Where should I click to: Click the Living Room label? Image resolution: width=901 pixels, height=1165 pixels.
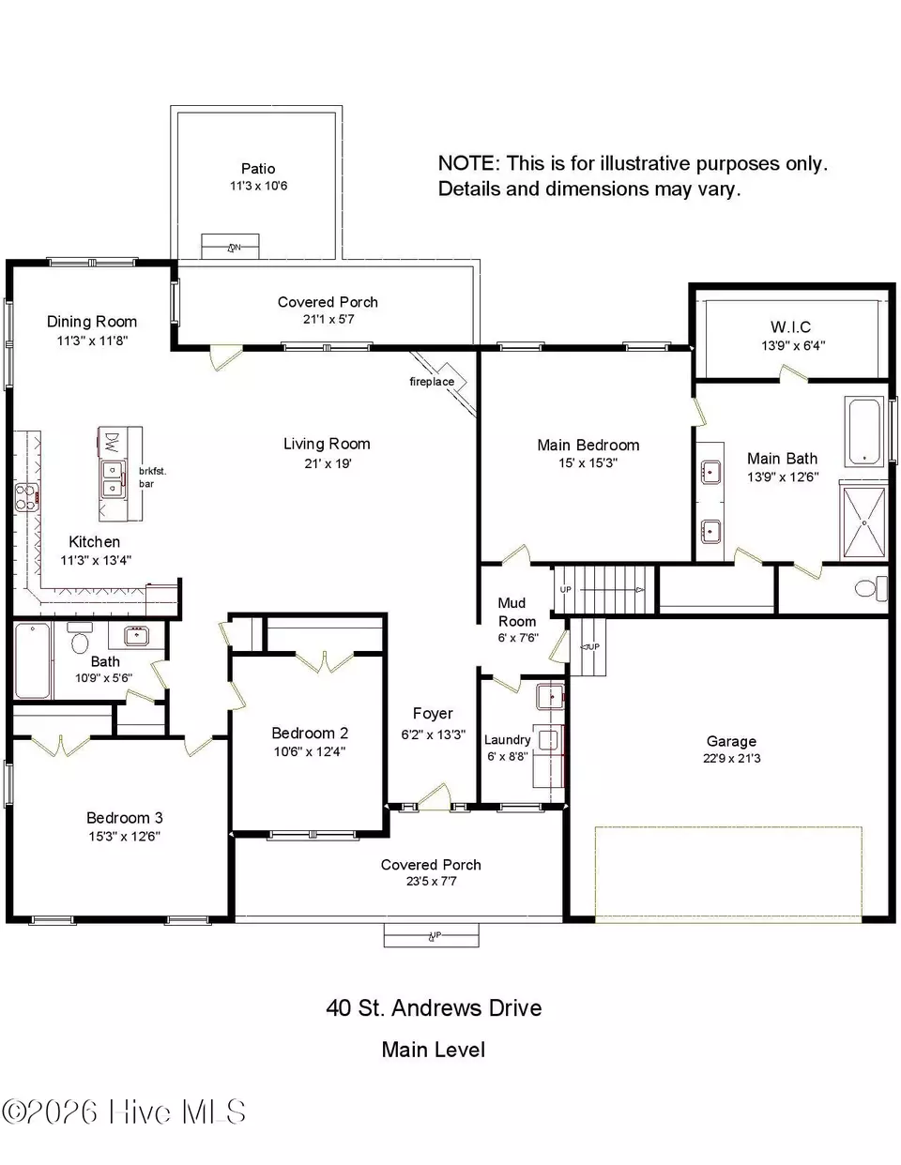(x=327, y=444)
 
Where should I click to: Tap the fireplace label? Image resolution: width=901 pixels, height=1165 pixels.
(x=432, y=382)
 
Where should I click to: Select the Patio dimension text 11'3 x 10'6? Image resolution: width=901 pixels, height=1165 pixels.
(x=258, y=186)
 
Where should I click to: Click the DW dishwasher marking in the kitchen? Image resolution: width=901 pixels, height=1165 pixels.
(x=111, y=443)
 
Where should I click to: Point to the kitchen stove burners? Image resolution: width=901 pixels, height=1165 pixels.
(x=26, y=497)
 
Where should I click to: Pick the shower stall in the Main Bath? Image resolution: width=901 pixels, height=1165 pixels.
(x=864, y=522)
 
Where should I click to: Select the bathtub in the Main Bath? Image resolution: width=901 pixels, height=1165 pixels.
(x=864, y=431)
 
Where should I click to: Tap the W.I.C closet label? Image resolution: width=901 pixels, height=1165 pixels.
(x=790, y=327)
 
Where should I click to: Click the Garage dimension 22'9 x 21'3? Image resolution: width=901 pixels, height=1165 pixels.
(x=731, y=758)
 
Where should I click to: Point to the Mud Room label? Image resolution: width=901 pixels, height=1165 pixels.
(x=516, y=613)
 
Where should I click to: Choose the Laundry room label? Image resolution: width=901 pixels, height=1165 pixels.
(x=508, y=740)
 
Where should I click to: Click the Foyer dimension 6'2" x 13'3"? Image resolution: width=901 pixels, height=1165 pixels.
(x=433, y=734)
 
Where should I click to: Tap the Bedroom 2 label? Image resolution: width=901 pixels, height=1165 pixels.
(x=310, y=733)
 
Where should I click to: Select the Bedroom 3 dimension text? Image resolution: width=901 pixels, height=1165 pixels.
(x=125, y=837)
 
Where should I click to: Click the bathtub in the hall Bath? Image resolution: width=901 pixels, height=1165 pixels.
(x=33, y=660)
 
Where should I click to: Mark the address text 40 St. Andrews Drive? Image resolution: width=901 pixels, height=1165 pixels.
(x=434, y=1008)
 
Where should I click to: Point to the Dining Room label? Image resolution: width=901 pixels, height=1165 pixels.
(x=92, y=322)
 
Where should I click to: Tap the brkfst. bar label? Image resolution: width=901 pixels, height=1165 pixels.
(x=152, y=477)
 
